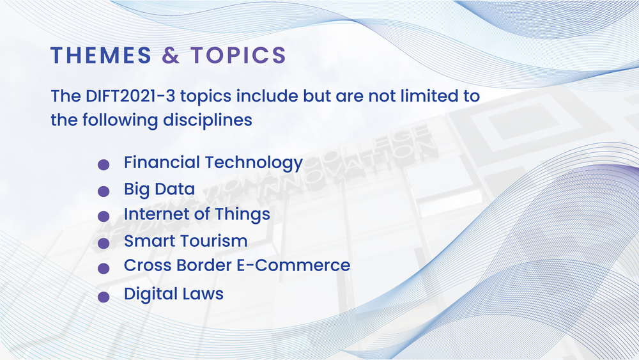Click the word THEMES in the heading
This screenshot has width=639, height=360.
[101, 56]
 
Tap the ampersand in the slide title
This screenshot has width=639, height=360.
[171, 56]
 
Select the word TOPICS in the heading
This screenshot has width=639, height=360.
[238, 56]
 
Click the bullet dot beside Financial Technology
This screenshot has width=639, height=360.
[103, 165]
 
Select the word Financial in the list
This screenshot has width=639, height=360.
[161, 162]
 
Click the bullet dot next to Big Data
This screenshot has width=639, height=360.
[103, 191]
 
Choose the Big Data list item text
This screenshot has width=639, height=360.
[159, 189]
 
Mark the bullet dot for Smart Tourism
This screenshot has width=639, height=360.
[103, 243]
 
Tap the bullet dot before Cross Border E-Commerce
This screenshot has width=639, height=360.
[103, 269]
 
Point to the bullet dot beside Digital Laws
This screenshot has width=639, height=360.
[103, 297]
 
